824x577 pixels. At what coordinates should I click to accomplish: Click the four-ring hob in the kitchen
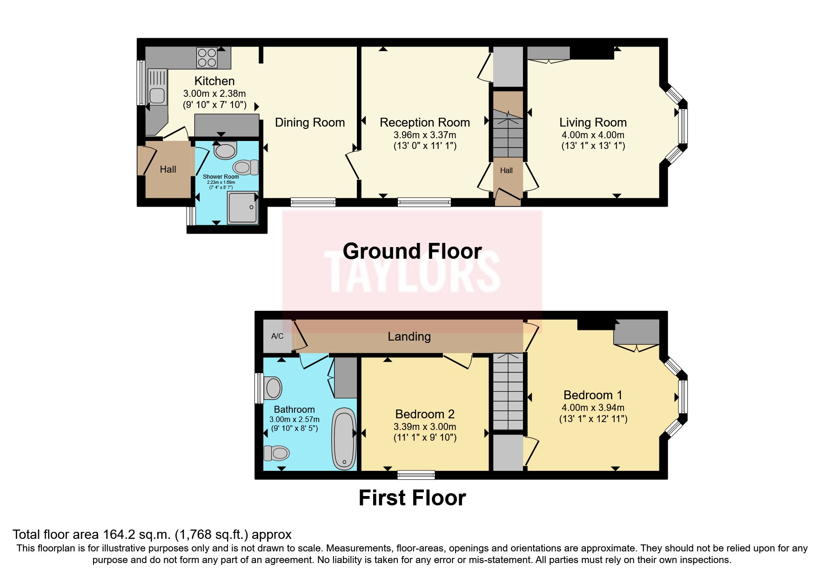[207, 58]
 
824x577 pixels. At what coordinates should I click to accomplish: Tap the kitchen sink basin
[157, 96]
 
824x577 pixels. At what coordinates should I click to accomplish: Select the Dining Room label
[310, 122]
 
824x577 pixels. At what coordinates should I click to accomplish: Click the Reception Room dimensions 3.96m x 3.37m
[425, 135]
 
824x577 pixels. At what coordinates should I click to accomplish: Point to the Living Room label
[593, 122]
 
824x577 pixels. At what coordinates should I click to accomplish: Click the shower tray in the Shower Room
[242, 208]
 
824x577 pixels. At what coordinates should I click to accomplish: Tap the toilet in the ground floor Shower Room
[246, 167]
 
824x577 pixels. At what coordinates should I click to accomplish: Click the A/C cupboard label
[277, 336]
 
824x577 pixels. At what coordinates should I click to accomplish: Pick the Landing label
[409, 336]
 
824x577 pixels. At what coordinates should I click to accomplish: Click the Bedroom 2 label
[425, 414]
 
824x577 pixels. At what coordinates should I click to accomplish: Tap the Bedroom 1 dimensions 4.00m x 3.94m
[593, 408]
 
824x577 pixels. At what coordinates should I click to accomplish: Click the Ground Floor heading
[412, 251]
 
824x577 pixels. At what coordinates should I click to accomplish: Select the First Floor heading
[412, 498]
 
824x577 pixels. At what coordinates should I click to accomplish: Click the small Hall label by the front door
[506, 171]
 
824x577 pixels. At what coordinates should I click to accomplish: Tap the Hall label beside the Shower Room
[168, 169]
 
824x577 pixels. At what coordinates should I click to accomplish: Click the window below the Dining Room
[313, 202]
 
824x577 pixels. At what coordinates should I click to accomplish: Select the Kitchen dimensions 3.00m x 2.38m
[214, 94]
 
